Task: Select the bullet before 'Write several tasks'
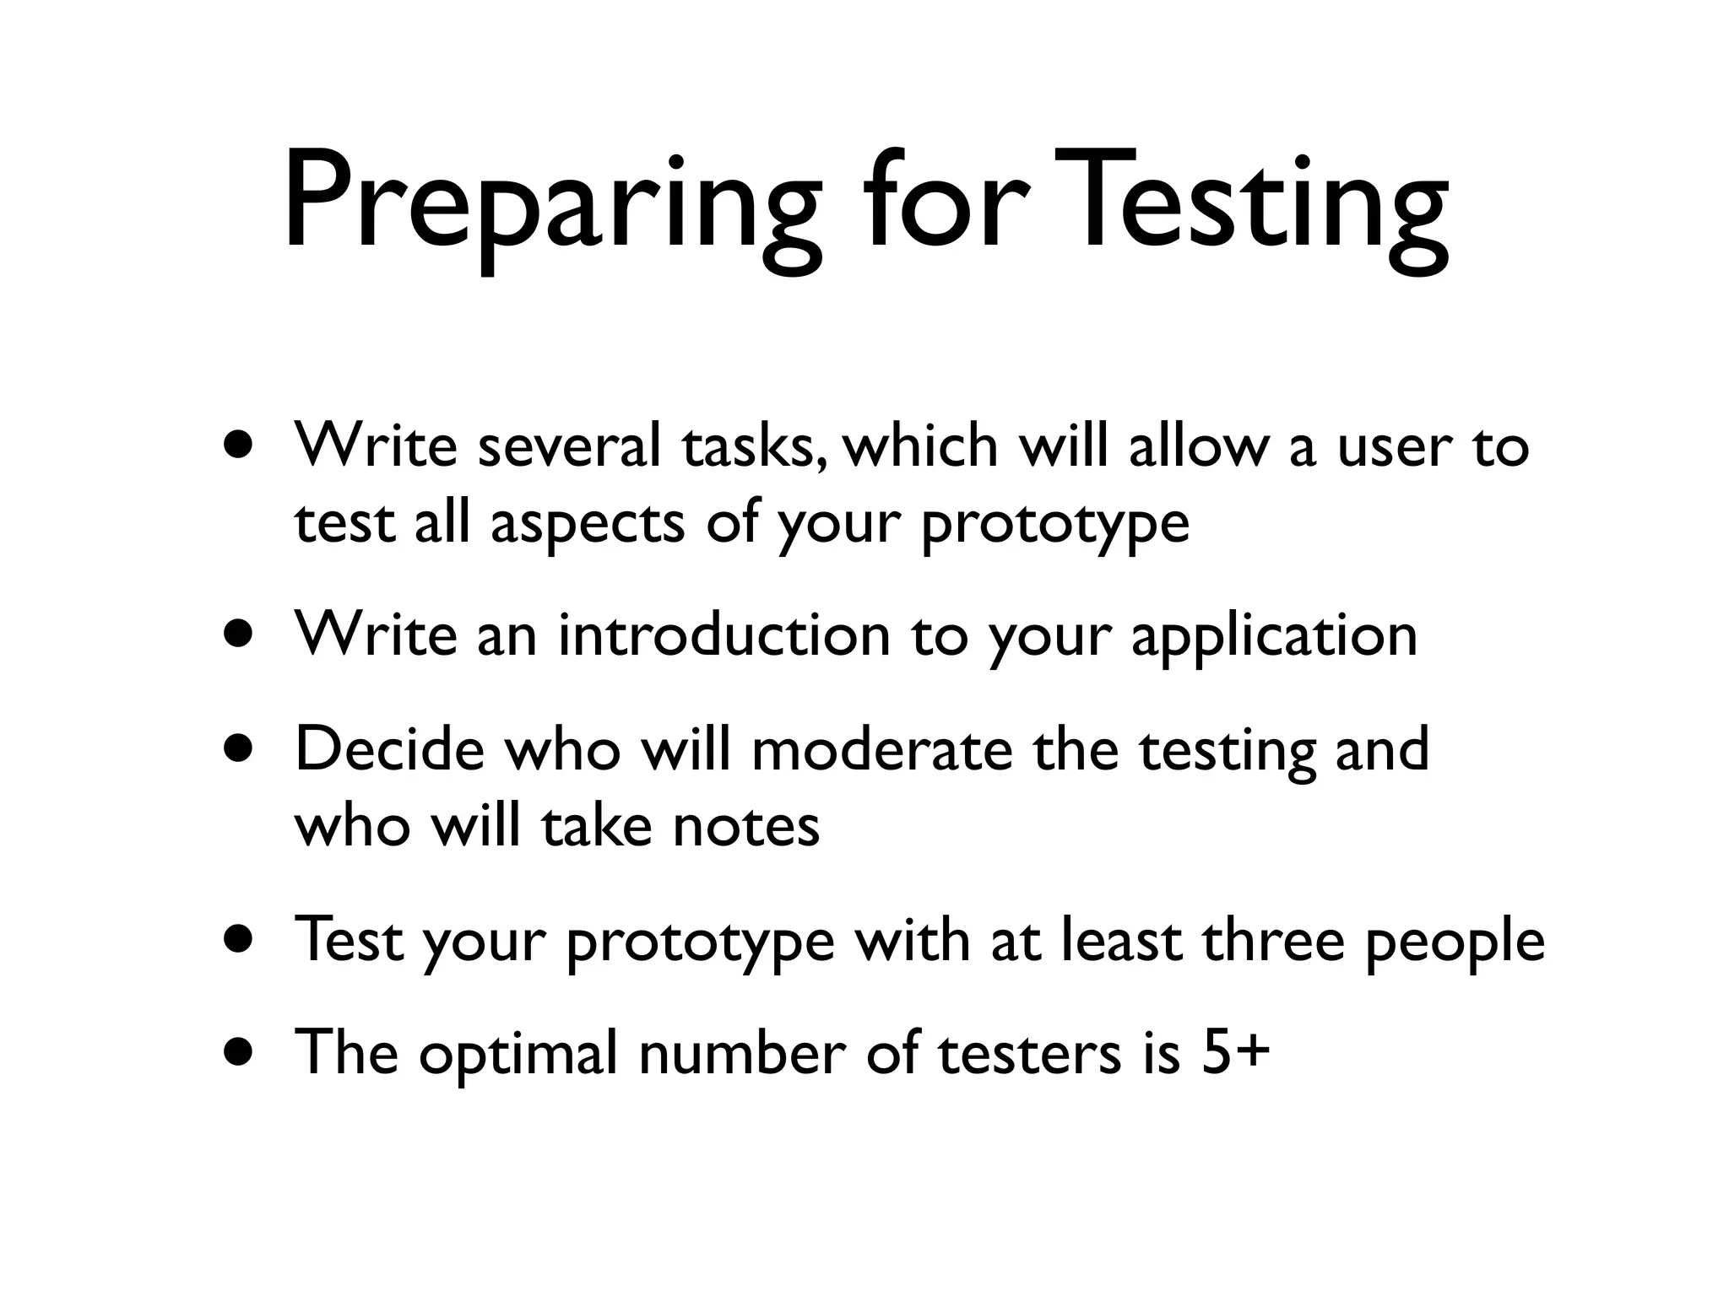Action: [239, 445]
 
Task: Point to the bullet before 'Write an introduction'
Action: [239, 634]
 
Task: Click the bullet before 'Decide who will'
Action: [239, 749]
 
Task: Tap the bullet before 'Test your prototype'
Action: [239, 939]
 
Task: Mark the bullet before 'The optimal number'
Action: [239, 1053]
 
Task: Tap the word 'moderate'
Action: [881, 749]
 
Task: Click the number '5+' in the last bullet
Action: [1236, 1053]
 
